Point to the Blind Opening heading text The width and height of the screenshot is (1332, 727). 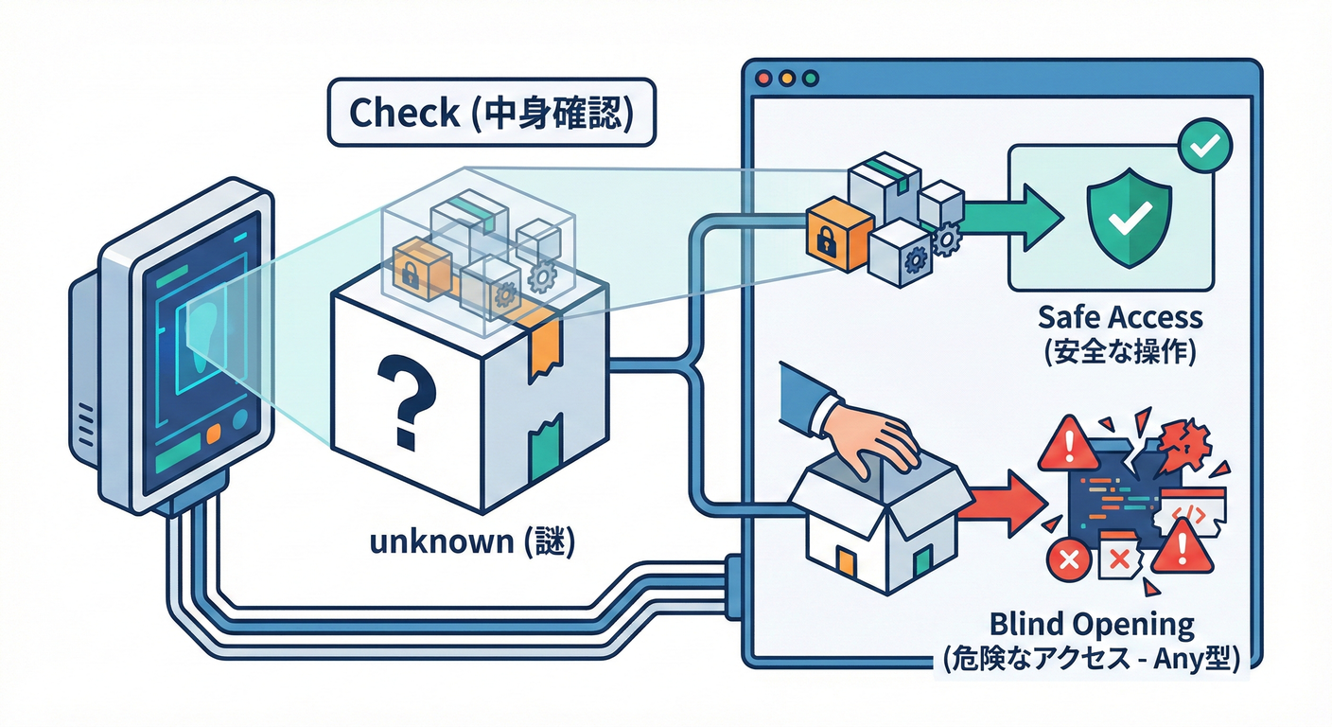tap(1092, 625)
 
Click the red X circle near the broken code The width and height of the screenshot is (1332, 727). tap(1070, 560)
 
